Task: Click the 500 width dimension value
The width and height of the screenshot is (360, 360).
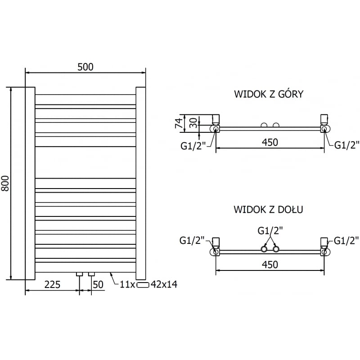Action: [x=85, y=67]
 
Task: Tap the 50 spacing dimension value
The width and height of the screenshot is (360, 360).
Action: [x=98, y=284]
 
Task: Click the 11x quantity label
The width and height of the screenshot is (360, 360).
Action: [x=127, y=284]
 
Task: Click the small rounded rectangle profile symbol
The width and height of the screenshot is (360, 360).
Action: [x=143, y=285]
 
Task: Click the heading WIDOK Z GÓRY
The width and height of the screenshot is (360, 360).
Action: [x=269, y=94]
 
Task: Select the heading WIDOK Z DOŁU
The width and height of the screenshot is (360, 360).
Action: [x=268, y=210]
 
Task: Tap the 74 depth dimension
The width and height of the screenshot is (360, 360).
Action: [x=178, y=122]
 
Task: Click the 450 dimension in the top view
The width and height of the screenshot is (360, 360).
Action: [x=270, y=142]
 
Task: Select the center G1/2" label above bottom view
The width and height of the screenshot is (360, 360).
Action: [x=270, y=231]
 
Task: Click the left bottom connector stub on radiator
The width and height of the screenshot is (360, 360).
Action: [x=80, y=274]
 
